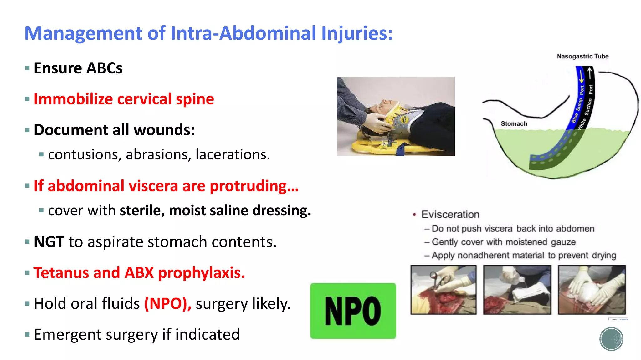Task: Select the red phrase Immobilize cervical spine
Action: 124,99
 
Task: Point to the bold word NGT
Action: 49,242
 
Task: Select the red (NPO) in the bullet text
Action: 167,303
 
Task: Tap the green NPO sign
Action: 353,311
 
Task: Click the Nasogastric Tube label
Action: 582,56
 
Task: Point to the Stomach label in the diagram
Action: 514,123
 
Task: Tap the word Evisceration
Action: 450,214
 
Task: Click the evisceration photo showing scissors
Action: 443,290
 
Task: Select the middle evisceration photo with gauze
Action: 517,290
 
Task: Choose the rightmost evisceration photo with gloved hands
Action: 592,290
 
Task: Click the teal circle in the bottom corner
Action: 611,339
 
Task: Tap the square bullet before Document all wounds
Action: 28,130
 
